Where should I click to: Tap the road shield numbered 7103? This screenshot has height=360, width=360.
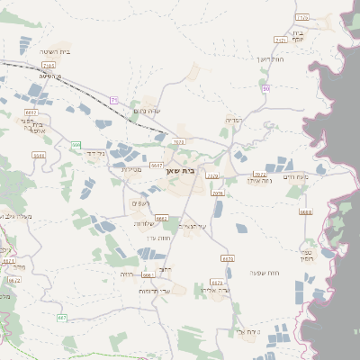(x=48, y=66)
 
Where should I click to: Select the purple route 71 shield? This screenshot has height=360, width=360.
(x=114, y=100)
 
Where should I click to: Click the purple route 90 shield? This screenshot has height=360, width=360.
(x=266, y=88)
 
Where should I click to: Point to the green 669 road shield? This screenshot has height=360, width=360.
(x=76, y=145)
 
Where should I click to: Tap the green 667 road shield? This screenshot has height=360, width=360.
(x=63, y=318)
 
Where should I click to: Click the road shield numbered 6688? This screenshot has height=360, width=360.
(x=306, y=212)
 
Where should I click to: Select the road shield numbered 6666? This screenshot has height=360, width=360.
(x=148, y=274)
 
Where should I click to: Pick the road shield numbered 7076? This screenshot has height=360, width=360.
(x=217, y=193)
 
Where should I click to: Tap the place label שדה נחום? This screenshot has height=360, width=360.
(x=147, y=111)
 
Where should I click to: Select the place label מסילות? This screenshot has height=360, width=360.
(x=132, y=169)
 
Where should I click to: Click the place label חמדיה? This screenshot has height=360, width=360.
(x=235, y=119)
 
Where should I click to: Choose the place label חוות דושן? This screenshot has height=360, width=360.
(x=271, y=59)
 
